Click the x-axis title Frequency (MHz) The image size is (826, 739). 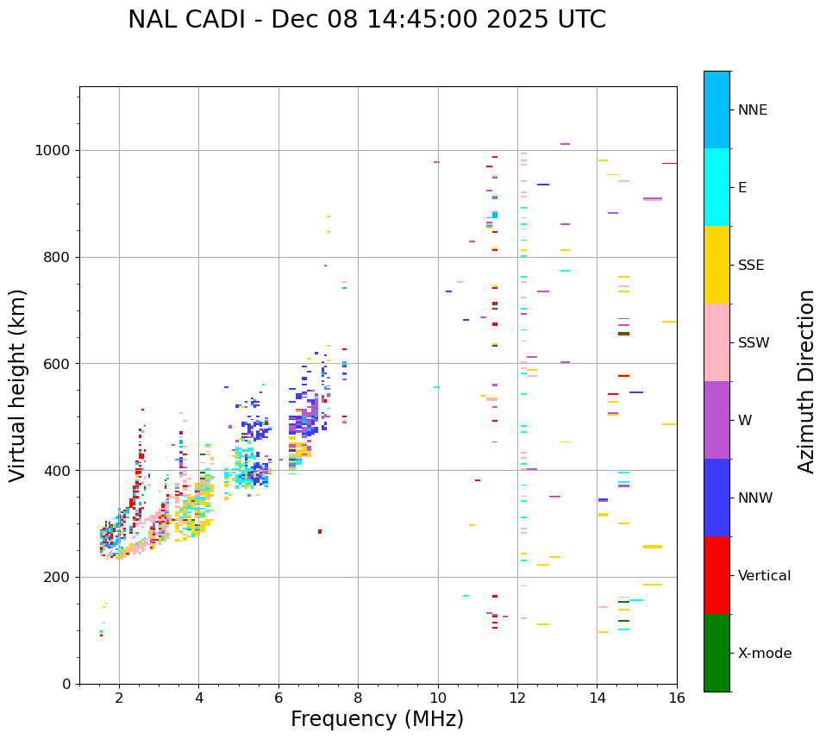[377, 719]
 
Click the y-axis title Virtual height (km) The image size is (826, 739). [18, 385]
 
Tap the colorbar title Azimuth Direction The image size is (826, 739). [806, 381]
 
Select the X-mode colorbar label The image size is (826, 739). [764, 654]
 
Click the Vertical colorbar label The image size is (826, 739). [764, 576]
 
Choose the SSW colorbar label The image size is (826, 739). [754, 343]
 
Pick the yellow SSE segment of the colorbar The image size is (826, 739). [716, 265]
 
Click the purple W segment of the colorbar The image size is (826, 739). [716, 420]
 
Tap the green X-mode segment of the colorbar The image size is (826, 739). [716, 653]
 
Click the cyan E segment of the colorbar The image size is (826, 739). [716, 187]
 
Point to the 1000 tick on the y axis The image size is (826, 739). [53, 151]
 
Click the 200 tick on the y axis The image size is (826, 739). [58, 578]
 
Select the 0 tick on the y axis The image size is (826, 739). [66, 684]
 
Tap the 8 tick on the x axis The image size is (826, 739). [358, 698]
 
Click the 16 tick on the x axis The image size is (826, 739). [677, 698]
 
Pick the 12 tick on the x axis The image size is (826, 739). [517, 698]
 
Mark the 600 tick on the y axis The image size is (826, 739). [58, 364]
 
